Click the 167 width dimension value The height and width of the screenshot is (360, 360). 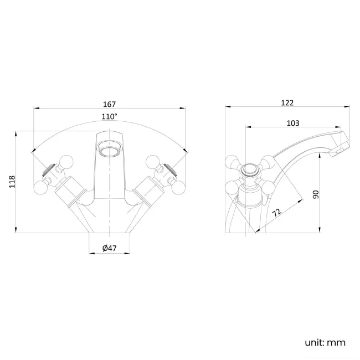109,104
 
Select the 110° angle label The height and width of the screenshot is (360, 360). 109,117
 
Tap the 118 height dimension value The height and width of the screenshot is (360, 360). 12,182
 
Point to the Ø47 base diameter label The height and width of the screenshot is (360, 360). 110,249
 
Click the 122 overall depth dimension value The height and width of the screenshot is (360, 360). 287,102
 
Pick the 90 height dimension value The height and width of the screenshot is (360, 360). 316,194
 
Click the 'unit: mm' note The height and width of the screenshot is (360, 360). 325,342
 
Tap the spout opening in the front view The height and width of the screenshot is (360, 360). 109,150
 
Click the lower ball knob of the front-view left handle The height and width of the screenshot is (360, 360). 41,187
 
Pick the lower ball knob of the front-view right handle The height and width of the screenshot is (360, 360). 178,187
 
